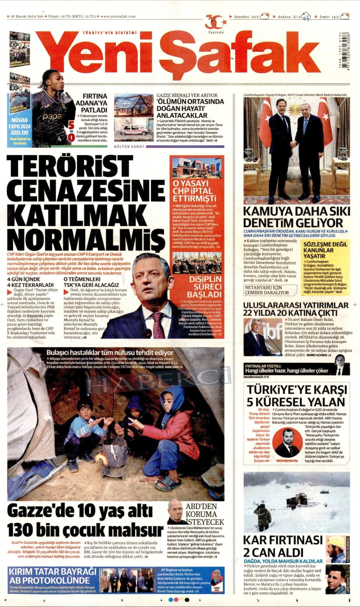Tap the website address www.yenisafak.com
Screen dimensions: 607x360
118,16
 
